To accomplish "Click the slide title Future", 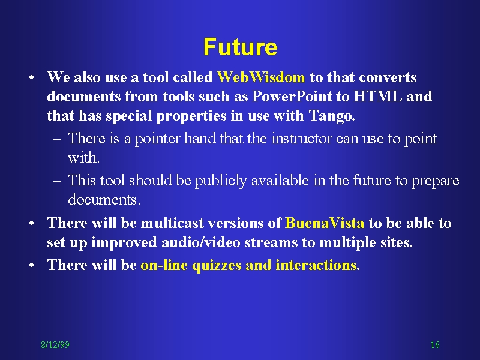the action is tap(241, 47).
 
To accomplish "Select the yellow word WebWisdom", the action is tap(261, 77).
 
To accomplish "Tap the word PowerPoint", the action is tap(292, 97).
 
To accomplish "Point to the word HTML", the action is tap(377, 97).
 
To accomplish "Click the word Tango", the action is tap(332, 116).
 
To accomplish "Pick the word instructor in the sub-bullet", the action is tap(302, 139).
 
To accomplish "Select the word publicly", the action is tap(221, 181).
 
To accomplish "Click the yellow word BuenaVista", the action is tap(325, 223).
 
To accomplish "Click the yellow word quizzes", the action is tap(217, 265).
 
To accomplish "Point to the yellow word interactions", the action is tap(316, 265).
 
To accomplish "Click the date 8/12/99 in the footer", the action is tap(55, 344).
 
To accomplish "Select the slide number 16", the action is tap(435, 344).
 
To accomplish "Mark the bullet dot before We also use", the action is tap(31, 77).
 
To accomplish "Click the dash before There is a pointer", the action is tap(57, 139).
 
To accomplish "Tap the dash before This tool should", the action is tap(57, 181).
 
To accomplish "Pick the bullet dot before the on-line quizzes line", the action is tap(31, 265).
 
